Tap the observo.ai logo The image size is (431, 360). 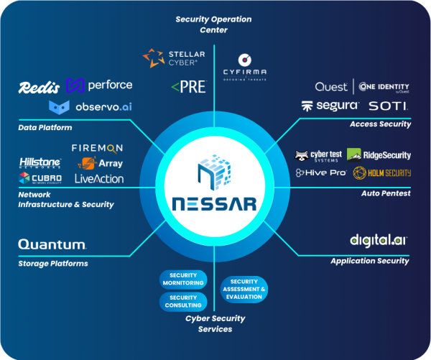pyautogui.click(x=91, y=107)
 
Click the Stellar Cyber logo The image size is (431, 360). pyautogui.click(x=175, y=57)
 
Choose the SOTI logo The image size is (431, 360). pyautogui.click(x=389, y=106)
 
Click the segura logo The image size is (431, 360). pyautogui.click(x=330, y=106)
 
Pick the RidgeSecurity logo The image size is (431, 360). pyautogui.click(x=379, y=154)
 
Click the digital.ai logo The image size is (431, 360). pyautogui.click(x=379, y=240)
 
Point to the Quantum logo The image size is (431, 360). pyautogui.click(x=52, y=245)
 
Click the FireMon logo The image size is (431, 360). pyautogui.click(x=98, y=147)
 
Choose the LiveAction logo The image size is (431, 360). pyautogui.click(x=99, y=179)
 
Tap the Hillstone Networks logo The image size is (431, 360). pyautogui.click(x=40, y=163)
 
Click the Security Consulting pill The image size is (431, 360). pyautogui.click(x=183, y=302)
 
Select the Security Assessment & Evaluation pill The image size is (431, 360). pyautogui.click(x=244, y=290)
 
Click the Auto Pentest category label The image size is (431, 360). pyautogui.click(x=386, y=193)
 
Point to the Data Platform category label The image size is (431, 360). pyautogui.click(x=45, y=127)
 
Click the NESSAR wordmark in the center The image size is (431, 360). pyautogui.click(x=215, y=204)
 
